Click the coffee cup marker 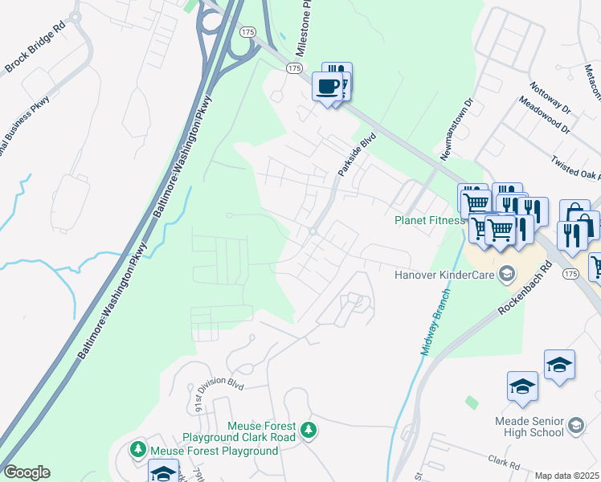coord(327,87)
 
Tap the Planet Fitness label coord(429,221)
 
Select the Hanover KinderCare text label coord(444,275)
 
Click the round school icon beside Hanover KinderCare coord(506,275)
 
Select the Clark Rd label coord(505,462)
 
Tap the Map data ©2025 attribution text coord(566,476)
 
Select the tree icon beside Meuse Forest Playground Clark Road coord(308,431)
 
